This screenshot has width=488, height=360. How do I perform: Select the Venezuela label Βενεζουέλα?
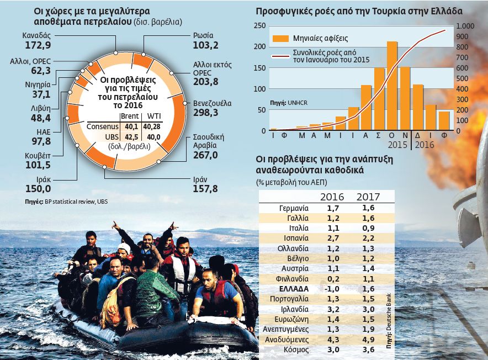pos(213,103)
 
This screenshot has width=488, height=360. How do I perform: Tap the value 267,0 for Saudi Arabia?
pos(206,155)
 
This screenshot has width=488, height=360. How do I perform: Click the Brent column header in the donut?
pos(130,116)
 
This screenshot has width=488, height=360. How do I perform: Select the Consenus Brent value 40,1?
pos(130,126)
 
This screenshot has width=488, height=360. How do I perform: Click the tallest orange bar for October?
pos(392,86)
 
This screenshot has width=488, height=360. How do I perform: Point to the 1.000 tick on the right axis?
pos(465,26)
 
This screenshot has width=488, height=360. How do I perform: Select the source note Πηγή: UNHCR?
pos(287,103)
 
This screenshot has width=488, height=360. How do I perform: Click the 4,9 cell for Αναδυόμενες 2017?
pos(368,339)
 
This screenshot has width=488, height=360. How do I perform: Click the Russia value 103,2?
pos(207,45)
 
